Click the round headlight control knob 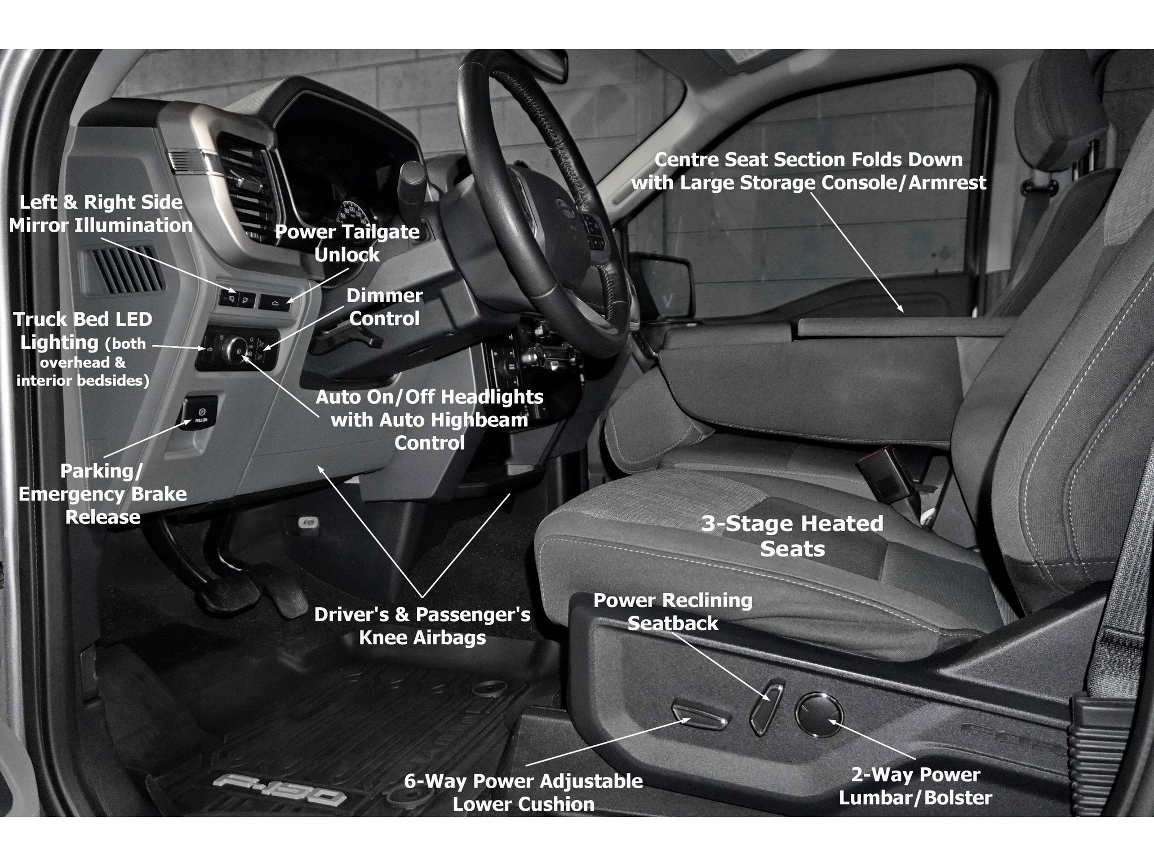pos(233,349)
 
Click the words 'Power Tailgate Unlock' pos(347,243)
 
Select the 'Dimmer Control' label pos(385,307)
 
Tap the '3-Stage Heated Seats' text pos(792,536)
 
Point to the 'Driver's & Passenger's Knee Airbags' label pos(423,626)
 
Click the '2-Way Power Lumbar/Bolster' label pos(915,786)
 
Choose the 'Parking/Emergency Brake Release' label pos(103,494)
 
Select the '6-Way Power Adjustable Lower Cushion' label pos(523,793)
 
